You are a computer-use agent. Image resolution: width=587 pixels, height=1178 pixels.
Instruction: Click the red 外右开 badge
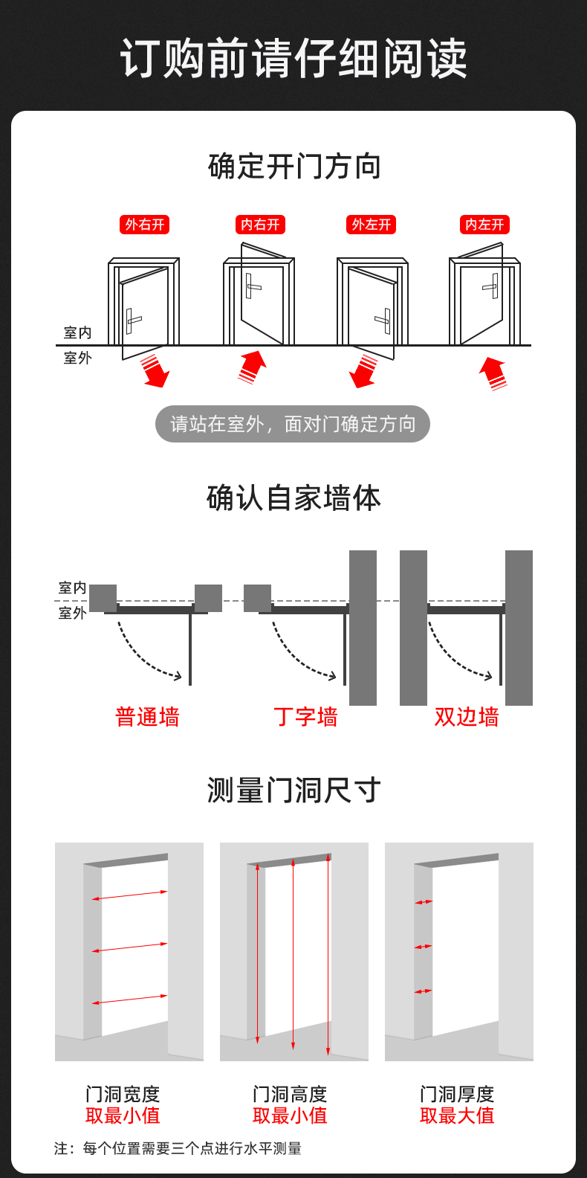point(144,225)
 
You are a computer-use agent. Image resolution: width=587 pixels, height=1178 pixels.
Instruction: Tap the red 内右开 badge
point(260,225)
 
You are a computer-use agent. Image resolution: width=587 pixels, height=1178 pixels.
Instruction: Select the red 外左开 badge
point(372,225)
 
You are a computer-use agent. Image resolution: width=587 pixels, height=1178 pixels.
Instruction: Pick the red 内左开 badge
point(484,225)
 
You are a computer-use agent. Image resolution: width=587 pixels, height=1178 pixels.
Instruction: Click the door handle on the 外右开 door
point(132,321)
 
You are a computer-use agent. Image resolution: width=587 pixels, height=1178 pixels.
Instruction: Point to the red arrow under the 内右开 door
point(252,367)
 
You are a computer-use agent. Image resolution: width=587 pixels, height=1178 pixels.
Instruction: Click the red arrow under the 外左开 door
point(363,371)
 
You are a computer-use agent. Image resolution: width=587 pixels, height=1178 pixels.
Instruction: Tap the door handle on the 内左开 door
point(492,286)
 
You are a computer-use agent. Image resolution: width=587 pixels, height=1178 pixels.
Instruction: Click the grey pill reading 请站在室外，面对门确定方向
point(293,424)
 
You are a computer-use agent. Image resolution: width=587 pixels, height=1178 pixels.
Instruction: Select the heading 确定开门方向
point(294,167)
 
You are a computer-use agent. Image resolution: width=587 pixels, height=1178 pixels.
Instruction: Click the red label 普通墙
point(147,717)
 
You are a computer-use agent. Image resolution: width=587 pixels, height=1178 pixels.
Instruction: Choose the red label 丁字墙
point(305,717)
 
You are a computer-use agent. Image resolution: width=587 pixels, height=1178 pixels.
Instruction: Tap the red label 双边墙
point(467,717)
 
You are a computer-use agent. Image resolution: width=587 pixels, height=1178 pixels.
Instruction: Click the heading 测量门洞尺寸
point(294,791)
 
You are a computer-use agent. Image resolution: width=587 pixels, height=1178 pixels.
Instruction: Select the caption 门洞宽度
point(123,1094)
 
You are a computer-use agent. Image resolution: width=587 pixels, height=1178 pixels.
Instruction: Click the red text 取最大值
point(457,1116)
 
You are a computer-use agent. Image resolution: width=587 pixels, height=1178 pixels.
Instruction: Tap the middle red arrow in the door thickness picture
point(423,947)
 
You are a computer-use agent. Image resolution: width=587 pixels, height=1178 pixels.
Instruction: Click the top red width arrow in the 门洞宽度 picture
point(130,895)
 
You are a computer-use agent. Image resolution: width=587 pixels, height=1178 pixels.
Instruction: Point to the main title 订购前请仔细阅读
point(293,58)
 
